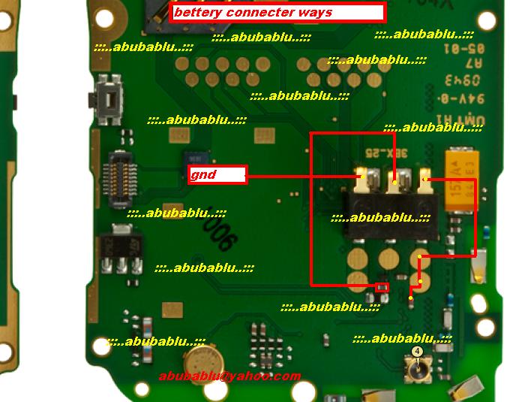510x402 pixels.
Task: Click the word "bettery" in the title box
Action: [198, 12]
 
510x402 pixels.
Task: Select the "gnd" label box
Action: [217, 175]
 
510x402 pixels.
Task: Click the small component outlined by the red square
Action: [382, 287]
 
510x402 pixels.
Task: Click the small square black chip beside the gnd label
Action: [196, 160]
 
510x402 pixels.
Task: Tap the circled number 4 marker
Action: [418, 352]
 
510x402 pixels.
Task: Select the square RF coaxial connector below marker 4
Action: [416, 370]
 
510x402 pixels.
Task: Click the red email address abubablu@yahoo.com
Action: [229, 376]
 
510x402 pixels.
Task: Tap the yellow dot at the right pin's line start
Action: [424, 180]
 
